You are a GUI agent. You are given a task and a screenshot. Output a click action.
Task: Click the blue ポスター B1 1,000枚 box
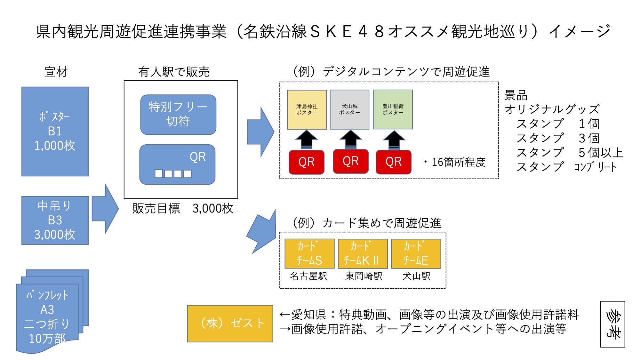coord(55,131)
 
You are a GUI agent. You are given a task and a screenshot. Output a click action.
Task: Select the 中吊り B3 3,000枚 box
coord(55,220)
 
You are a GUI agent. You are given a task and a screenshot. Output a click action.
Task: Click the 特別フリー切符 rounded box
coord(178,114)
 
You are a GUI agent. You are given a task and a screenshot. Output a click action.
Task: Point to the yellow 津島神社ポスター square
coord(307,109)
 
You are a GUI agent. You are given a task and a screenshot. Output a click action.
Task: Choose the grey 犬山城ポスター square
coord(349,109)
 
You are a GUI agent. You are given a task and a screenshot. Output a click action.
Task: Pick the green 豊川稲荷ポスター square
coord(393,109)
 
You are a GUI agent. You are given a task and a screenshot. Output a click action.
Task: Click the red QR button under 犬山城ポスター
coord(351,161)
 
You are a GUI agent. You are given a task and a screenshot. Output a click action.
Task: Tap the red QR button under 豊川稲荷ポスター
coord(394,162)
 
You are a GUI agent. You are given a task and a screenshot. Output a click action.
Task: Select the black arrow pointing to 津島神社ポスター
coord(307,140)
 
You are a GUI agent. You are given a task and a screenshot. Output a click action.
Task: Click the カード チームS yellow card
coord(309,253)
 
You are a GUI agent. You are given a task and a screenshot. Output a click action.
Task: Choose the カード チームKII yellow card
coord(363,253)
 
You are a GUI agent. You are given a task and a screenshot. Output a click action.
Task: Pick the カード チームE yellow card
coord(416,253)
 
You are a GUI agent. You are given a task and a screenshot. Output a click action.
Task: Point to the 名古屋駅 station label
coord(308,276)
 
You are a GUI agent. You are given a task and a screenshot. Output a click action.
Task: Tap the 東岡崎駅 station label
coord(364,276)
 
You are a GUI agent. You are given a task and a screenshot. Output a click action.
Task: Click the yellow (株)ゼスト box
coord(230,324)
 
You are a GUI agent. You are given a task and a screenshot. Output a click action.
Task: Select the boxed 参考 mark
coord(612,324)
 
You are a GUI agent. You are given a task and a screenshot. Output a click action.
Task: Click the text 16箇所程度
coord(458,162)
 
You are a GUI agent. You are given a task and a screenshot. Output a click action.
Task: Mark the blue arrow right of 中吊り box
coord(105,209)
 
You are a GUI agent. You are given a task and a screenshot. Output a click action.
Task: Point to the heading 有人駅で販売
coord(174,72)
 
